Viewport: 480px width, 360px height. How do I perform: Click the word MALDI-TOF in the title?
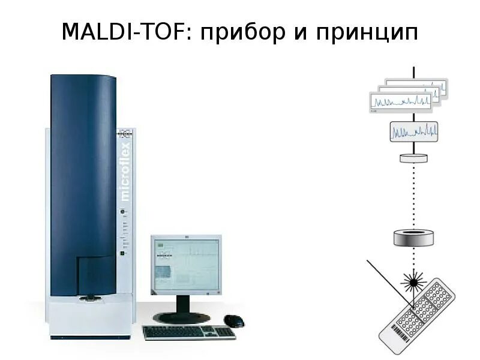coord(123,32)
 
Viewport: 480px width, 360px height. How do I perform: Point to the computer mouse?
coord(234,320)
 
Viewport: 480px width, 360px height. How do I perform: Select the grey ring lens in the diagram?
coord(413,238)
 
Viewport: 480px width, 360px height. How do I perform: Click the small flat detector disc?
coord(413,158)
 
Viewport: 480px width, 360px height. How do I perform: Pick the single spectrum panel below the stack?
coord(413,131)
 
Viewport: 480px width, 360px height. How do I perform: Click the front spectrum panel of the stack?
coord(401,102)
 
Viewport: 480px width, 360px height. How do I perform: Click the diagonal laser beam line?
coord(389,281)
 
